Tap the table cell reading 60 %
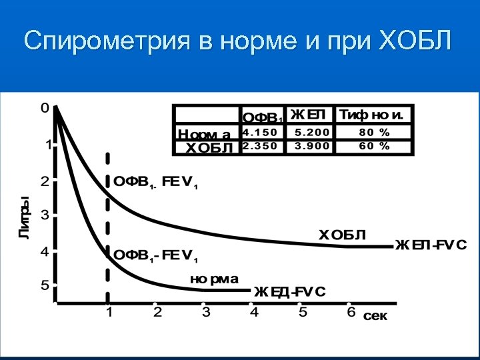point(375,146)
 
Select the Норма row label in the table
point(205,134)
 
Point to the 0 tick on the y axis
point(45,107)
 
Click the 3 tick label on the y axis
point(45,215)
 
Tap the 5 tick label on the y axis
point(45,285)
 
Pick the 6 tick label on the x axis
point(351,311)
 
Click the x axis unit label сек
point(375,317)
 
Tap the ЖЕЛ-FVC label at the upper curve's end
point(431,245)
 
